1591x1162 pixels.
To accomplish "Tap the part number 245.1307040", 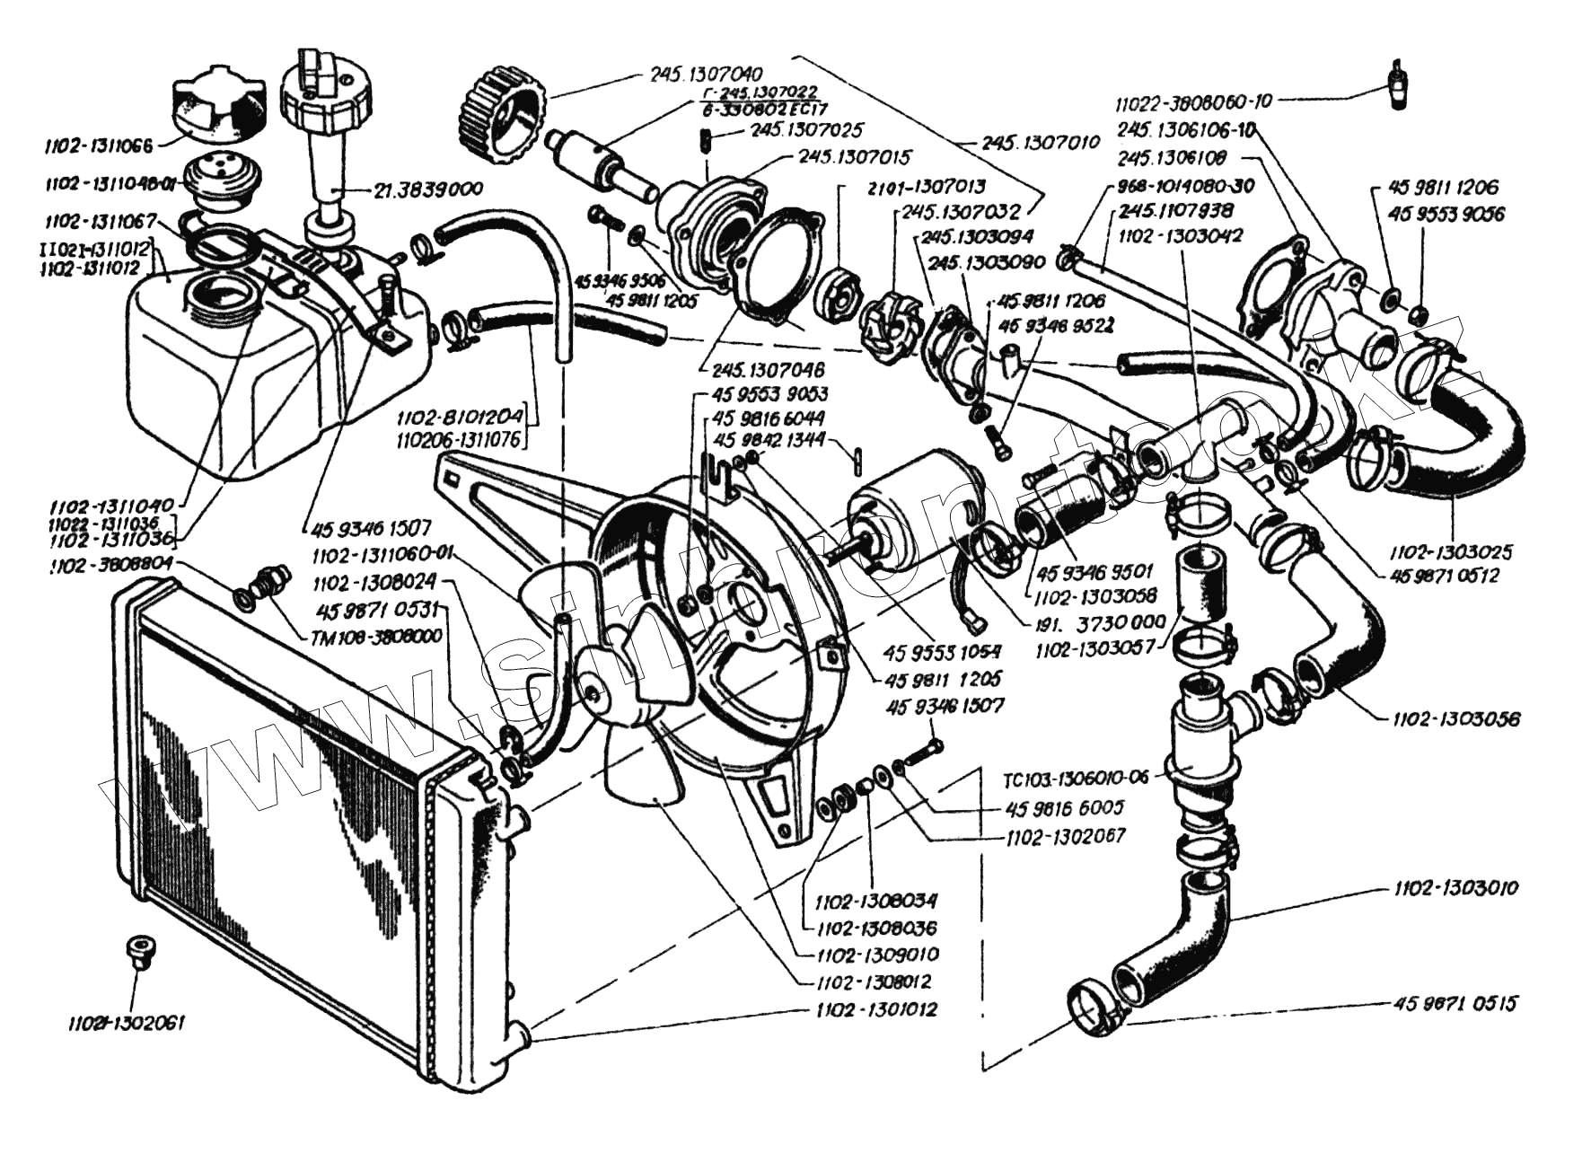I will pos(706,75).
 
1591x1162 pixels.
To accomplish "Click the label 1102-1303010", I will pos(1455,888).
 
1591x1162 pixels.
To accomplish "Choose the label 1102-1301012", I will pos(876,1009).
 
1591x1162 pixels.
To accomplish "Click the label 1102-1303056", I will pos(1455,718).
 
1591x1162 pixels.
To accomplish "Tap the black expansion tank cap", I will pos(219,105).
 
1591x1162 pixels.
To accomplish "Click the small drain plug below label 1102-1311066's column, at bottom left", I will pos(139,950).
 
